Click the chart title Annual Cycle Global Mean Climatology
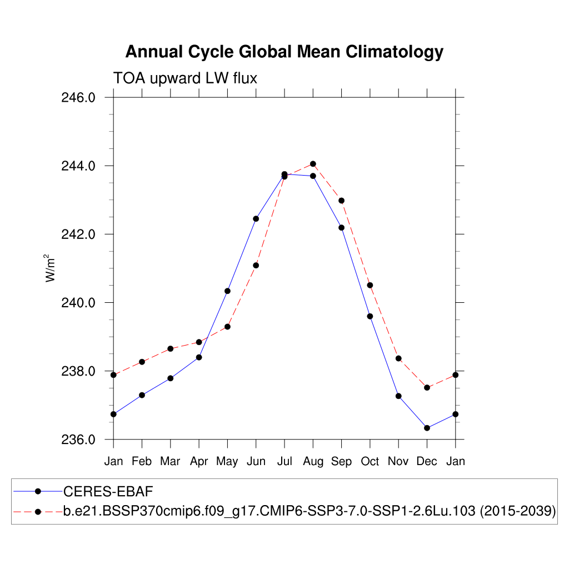284,52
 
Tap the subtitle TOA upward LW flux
185,78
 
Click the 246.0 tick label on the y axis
78,98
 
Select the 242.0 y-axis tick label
78,234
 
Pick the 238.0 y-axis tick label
78,371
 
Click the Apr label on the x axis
199,461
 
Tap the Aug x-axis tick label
313,461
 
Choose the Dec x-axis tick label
427,461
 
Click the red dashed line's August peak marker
313,164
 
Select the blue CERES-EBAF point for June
256,218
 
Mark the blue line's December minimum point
427,428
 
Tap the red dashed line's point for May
227,327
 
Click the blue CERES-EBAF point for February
142,395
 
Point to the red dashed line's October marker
370,285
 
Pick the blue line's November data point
398,396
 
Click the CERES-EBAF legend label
108,491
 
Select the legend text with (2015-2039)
309,511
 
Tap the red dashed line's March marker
171,348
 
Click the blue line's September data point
341,227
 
